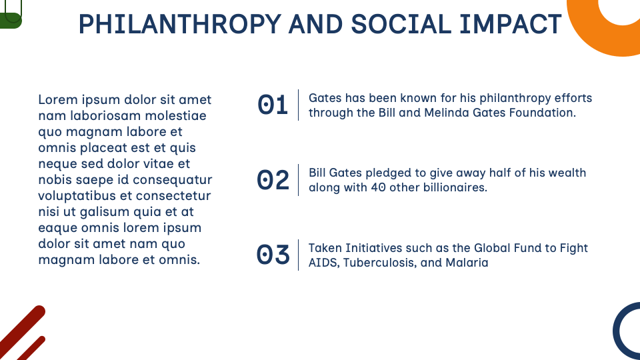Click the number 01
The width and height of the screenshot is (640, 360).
[273, 105]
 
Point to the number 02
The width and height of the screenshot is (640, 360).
[273, 180]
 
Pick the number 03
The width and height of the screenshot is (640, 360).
[273, 255]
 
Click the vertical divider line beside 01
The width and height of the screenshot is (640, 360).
[298, 105]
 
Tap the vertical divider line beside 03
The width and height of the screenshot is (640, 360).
[298, 255]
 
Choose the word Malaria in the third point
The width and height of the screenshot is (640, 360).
[467, 263]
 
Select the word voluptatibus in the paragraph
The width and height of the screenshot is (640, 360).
[77, 196]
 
